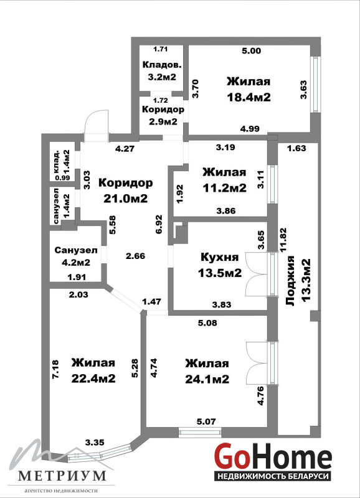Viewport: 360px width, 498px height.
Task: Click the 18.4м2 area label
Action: click(249, 97)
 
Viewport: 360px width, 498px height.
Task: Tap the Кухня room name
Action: click(220, 257)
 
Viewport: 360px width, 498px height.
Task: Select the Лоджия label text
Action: click(291, 281)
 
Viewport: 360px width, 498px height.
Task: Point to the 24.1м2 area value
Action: click(207, 379)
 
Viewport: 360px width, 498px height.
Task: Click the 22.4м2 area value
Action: click(93, 378)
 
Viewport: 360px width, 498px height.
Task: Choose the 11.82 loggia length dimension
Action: click(283, 239)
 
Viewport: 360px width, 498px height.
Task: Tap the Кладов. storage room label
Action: click(162, 65)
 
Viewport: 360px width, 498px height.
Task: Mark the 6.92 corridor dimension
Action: click(159, 224)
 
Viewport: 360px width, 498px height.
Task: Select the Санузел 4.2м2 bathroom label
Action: click(76, 256)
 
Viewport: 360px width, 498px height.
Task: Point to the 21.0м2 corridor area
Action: click(126, 199)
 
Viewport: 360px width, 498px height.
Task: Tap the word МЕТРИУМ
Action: click(62, 476)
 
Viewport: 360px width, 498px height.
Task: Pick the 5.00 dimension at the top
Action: click(252, 50)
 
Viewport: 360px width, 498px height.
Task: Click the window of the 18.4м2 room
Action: click(315, 85)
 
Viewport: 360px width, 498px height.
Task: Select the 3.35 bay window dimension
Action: click(95, 442)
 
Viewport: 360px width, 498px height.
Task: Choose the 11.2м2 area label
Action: click(225, 188)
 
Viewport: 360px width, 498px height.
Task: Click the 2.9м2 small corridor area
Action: click(163, 121)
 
